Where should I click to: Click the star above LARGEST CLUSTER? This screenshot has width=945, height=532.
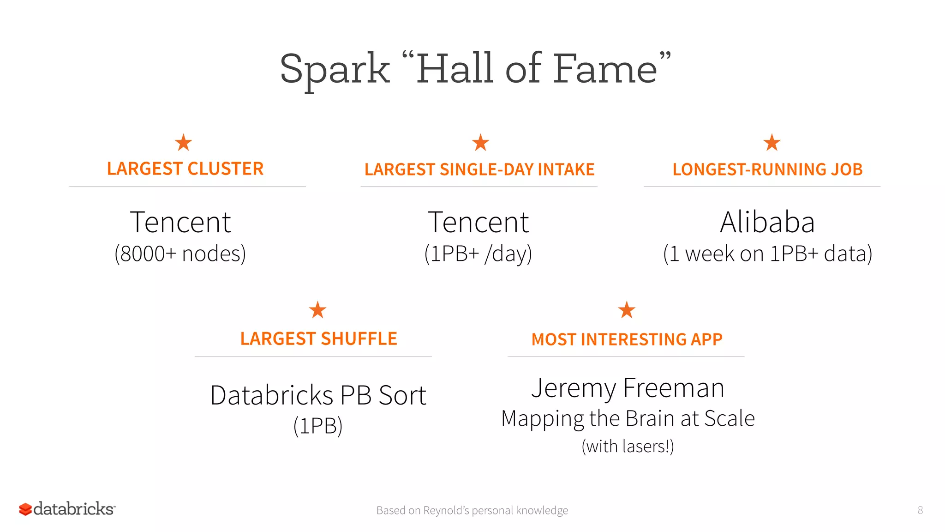click(183, 143)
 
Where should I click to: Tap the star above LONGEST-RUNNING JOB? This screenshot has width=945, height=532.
click(772, 143)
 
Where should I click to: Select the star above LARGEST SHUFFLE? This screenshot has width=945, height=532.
click(317, 310)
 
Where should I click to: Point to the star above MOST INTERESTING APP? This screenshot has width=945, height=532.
click(627, 310)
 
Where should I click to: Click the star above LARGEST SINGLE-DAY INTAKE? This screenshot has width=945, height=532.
click(480, 143)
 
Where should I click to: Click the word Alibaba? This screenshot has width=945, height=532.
click(767, 222)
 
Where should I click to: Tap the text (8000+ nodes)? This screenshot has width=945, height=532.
click(180, 254)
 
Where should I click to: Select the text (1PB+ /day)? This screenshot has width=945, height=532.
click(478, 254)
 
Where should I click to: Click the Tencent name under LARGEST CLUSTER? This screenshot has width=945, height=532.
click(180, 222)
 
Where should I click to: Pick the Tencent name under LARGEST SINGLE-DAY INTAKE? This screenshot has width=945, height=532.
click(478, 222)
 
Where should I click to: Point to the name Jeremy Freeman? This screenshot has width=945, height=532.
click(628, 388)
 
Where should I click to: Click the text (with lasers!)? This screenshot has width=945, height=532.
click(628, 447)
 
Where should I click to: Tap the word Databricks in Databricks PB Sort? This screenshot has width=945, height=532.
click(271, 396)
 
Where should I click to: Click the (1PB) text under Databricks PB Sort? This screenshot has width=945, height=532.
click(318, 426)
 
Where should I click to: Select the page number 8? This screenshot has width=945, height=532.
click(920, 510)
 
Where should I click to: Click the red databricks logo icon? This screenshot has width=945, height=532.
click(25, 509)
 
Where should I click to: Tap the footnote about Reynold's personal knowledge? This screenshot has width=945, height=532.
click(472, 510)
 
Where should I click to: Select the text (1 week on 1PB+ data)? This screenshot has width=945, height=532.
click(767, 254)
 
